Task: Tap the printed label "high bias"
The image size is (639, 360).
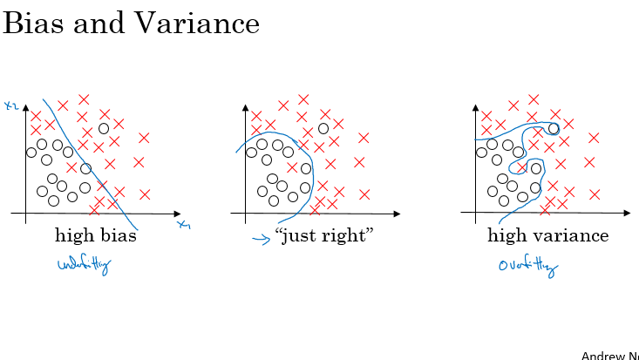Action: [x=96, y=235]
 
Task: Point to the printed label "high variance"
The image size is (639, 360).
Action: [x=547, y=235]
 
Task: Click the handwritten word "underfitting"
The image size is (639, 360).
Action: [x=84, y=266]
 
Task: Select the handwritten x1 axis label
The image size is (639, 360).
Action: [x=184, y=225]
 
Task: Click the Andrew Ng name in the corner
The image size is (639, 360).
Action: [x=609, y=355]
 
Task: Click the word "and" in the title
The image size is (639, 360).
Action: [x=98, y=24]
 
